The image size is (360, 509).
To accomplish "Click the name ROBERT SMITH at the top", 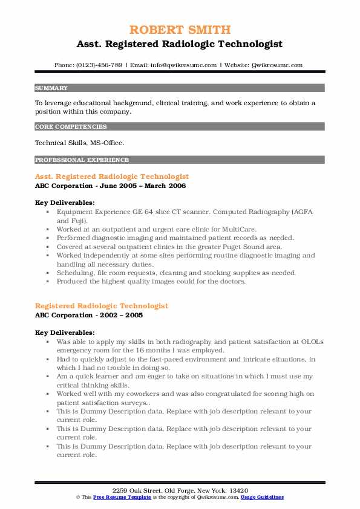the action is [180, 30].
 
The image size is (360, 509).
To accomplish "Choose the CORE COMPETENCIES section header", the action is [71, 127].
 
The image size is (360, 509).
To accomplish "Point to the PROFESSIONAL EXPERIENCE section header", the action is [82, 160].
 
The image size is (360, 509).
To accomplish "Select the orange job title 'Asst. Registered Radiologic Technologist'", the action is [112, 177].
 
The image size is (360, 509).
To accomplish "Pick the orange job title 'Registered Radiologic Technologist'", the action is [102, 306].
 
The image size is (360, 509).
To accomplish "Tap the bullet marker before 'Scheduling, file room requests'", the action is [47, 273].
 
